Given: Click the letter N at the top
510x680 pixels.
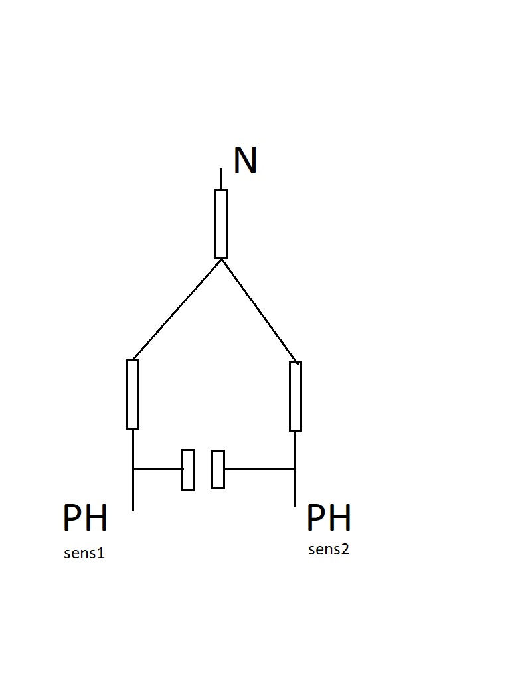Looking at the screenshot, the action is point(245,161).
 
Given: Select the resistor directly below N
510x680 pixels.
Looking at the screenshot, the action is point(221,224).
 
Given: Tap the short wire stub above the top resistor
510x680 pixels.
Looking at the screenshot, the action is point(221,179).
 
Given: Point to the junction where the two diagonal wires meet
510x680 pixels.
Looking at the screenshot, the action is point(221,260).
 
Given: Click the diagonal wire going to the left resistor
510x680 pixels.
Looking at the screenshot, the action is point(177,309).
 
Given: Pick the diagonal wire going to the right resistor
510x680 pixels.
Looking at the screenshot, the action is point(259,311).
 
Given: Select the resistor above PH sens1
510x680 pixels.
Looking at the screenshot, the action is point(133,394).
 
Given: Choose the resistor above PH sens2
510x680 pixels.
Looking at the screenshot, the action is point(296,396).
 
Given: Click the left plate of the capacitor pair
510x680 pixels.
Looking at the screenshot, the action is point(188,469).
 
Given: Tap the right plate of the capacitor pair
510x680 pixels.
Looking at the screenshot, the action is point(218,469).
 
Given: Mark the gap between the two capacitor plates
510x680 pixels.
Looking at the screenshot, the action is point(203,469).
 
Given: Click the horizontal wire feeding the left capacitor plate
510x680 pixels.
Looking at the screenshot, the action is point(157,469).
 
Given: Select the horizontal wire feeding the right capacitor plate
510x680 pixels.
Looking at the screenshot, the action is point(260,469).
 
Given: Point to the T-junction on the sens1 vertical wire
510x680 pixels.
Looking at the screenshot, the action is point(133,469).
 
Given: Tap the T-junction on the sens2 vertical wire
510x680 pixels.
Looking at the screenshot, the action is point(296,469).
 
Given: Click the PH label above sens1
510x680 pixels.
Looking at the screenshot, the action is point(85,519).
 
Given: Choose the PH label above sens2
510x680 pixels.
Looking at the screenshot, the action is point(329,519).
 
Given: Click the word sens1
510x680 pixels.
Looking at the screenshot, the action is point(84,553).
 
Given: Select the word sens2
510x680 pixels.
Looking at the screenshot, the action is point(329,549).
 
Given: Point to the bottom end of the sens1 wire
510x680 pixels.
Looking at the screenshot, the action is point(133,509).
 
